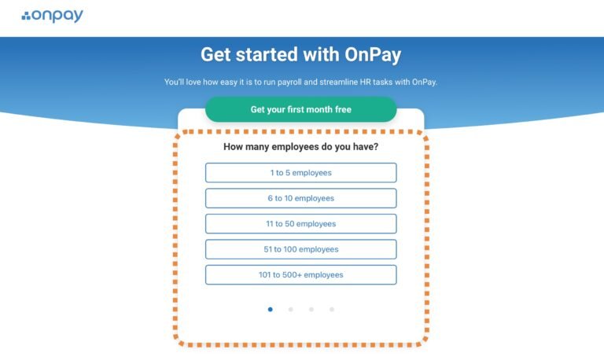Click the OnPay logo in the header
point(53,16)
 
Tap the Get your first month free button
point(300,109)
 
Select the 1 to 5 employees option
point(300,173)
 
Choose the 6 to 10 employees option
point(300,198)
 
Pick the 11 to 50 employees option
point(300,224)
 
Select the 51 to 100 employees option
point(300,249)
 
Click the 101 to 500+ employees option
point(300,275)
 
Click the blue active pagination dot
point(270,310)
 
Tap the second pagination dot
point(290,310)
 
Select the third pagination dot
point(311,310)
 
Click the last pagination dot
point(331,310)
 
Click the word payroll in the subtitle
point(298,82)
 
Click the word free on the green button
point(342,109)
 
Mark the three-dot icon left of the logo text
point(26,17)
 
